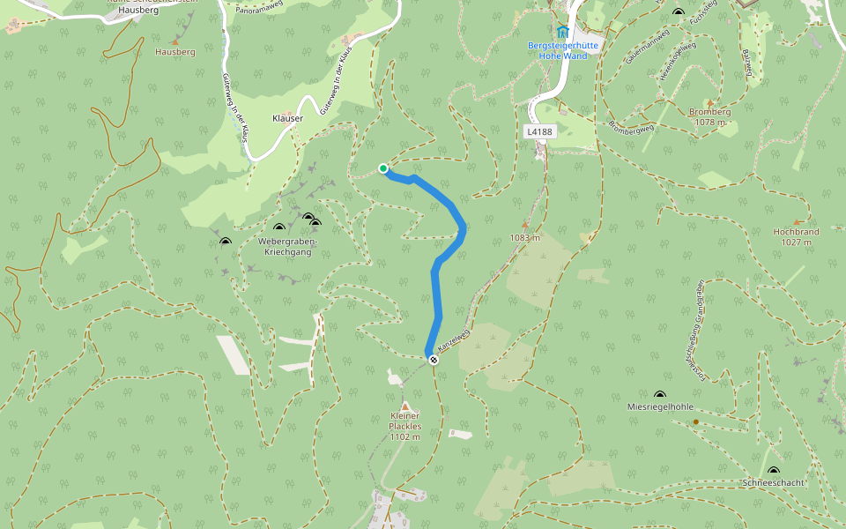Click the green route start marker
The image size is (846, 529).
tap(383, 168)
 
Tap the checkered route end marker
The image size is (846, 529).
tap(433, 360)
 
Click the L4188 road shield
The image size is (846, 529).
tap(539, 131)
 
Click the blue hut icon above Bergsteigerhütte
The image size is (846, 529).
tap(562, 32)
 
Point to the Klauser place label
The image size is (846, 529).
tap(287, 118)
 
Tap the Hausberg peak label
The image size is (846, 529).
tap(174, 52)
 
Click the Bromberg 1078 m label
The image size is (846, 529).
tap(709, 117)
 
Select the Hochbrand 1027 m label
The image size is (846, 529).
tap(796, 236)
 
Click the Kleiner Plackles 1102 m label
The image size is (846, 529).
tap(405, 426)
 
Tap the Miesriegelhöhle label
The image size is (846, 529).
tap(660, 407)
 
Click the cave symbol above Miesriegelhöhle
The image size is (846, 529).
tap(660, 395)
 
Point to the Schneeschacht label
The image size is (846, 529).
tap(773, 483)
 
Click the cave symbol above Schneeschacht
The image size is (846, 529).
tap(773, 472)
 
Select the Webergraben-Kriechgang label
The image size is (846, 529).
tap(287, 246)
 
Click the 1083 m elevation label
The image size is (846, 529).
tap(524, 238)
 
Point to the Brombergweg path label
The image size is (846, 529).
tap(631, 127)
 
